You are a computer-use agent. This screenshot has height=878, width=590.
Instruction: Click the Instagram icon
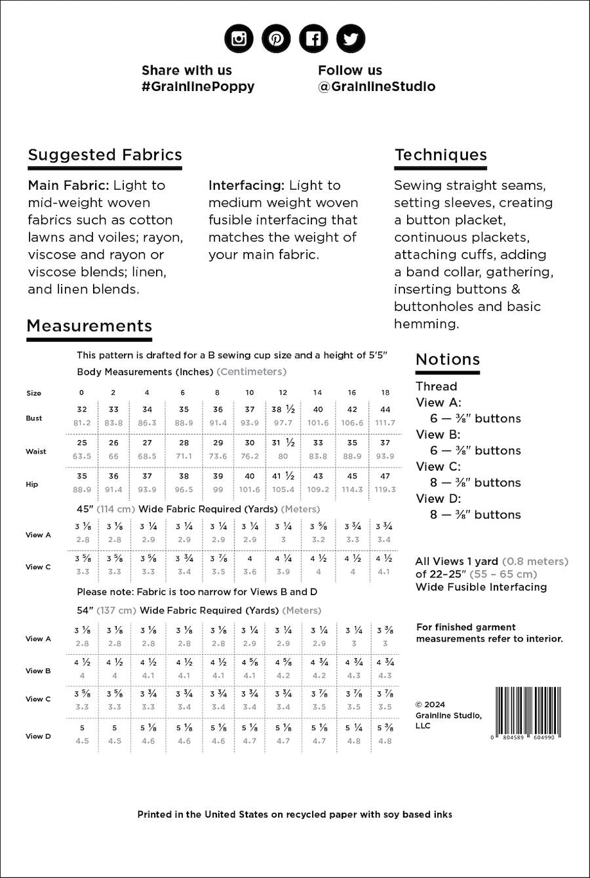tap(239, 39)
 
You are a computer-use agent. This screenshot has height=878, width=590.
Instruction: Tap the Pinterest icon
tap(276, 39)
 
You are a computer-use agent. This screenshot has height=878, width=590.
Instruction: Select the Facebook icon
tap(313, 39)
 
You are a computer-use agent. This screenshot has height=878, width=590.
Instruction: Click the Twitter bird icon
tap(351, 39)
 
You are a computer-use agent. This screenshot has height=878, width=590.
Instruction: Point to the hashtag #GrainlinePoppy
tap(197, 86)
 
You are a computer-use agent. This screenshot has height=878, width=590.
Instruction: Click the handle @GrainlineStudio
tap(376, 86)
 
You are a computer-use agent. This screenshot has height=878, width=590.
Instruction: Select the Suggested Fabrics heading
tap(105, 155)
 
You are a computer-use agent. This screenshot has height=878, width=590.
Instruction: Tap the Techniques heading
tap(441, 155)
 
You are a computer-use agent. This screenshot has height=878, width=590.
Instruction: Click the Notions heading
tap(448, 359)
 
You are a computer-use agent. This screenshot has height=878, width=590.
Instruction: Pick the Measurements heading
tap(89, 326)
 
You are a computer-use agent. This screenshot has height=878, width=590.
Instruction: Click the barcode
tap(525, 713)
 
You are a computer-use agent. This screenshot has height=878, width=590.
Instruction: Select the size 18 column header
tap(385, 393)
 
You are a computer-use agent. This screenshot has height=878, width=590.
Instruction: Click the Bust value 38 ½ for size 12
tap(283, 409)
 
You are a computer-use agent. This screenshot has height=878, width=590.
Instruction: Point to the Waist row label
tap(36, 451)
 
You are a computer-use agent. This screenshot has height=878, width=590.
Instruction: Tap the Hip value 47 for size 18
tap(385, 476)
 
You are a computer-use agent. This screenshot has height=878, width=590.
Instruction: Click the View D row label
tap(38, 736)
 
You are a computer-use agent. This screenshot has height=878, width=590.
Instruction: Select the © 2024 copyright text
tap(430, 704)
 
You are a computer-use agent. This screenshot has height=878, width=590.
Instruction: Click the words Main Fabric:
tap(68, 185)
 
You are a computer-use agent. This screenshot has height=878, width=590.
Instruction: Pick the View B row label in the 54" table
tap(38, 670)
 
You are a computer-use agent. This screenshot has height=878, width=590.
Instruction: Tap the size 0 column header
tap(81, 393)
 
